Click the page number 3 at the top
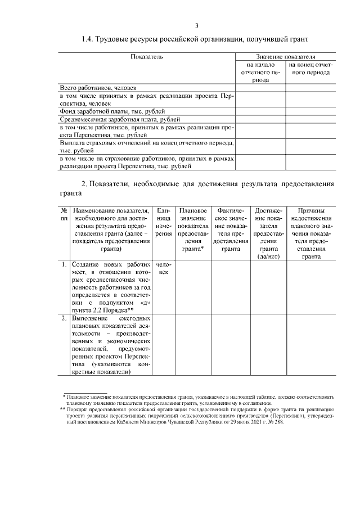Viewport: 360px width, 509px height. click(196, 26)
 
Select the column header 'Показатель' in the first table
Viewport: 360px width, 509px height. click(147, 57)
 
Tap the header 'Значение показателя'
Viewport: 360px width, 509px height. click(285, 57)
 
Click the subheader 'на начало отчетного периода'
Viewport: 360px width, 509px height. click(260, 73)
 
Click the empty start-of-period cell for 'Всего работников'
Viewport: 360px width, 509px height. click(260, 88)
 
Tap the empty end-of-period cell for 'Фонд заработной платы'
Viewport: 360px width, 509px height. click(310, 111)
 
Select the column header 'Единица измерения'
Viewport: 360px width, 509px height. click(164, 222)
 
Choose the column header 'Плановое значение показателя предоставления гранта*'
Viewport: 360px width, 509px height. click(193, 229)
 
